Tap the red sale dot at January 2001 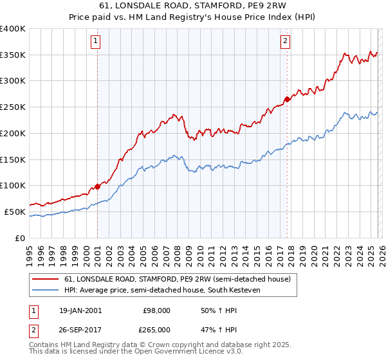[x=98, y=186]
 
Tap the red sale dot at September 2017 [x=287, y=99]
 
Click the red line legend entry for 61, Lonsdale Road [x=178, y=280]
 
